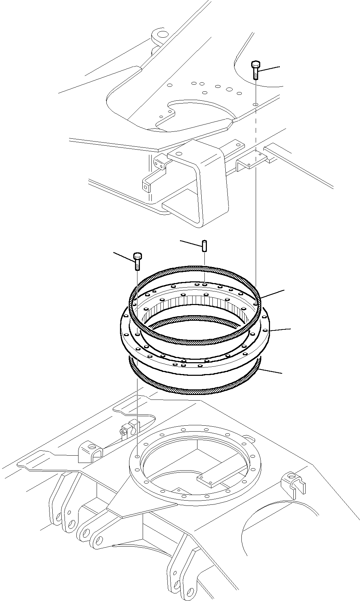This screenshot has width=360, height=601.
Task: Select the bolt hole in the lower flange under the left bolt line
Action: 138,456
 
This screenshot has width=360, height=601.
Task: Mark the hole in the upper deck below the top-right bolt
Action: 256,104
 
